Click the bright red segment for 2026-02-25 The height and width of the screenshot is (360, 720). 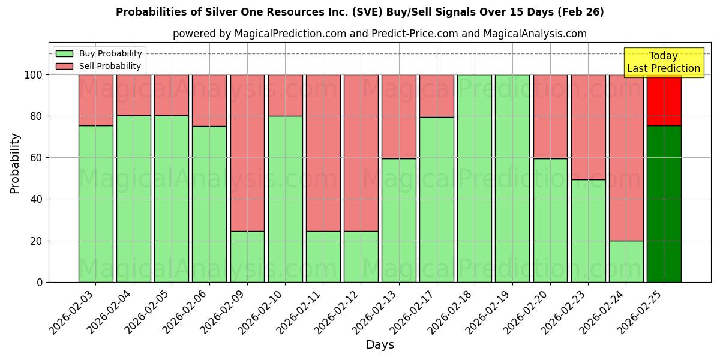[664, 100]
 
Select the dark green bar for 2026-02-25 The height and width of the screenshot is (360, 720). [664, 204]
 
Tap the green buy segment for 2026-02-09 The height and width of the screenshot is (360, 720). [247, 256]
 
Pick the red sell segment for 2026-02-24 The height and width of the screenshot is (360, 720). [626, 157]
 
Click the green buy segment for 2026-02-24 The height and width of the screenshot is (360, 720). [626, 261]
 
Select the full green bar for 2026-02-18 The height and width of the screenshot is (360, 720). [474, 178]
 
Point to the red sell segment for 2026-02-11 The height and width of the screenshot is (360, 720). [323, 152]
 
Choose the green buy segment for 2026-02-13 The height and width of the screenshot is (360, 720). [398, 220]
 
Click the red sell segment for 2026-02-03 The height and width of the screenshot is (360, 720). [95, 100]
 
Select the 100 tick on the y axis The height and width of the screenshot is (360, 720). [34, 75]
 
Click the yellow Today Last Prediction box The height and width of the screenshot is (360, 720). [663, 62]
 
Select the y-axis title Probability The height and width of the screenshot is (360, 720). [15, 163]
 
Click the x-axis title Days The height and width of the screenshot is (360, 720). [380, 345]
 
